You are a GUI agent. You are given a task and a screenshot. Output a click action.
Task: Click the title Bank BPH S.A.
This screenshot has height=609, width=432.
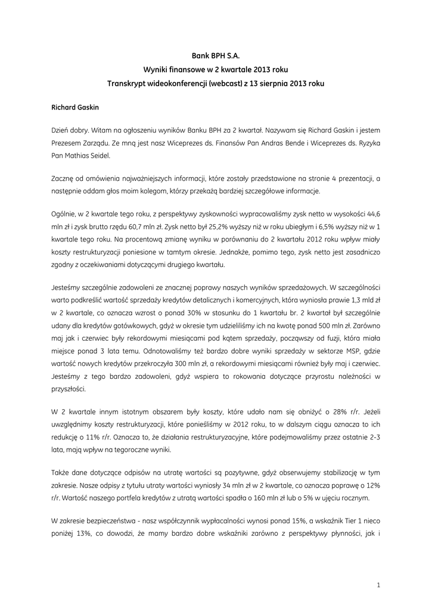click(215, 55)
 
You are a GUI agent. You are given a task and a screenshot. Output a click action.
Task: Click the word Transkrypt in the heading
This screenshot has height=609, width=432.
click(128, 83)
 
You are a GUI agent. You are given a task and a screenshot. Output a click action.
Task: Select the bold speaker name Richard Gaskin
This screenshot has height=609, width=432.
click(75, 108)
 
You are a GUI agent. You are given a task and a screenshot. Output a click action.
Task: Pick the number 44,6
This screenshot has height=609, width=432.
click(371, 212)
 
